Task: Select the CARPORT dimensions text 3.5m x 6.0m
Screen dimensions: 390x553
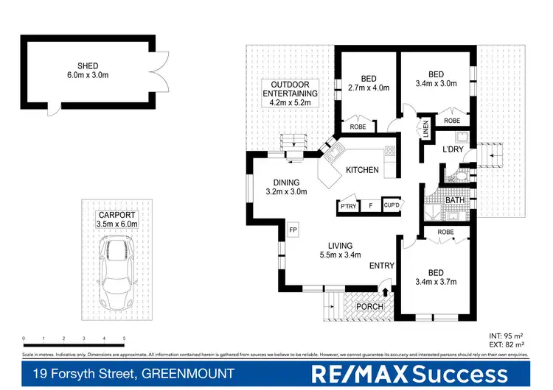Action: pyautogui.click(x=117, y=224)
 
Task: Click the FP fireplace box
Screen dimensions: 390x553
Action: pyautogui.click(x=293, y=228)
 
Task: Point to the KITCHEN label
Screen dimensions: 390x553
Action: pyautogui.click(x=362, y=170)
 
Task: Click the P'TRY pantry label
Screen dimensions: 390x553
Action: pyautogui.click(x=347, y=207)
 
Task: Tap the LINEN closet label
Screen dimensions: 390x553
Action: pyautogui.click(x=425, y=130)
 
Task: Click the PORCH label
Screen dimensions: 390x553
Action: pyautogui.click(x=369, y=307)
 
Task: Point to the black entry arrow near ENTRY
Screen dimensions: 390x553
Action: pyautogui.click(x=385, y=291)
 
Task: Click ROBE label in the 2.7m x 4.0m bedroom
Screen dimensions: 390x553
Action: pyautogui.click(x=358, y=127)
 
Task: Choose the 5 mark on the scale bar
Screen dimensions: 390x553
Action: pyautogui.click(x=124, y=339)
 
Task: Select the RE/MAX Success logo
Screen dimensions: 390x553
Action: pyautogui.click(x=410, y=374)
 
